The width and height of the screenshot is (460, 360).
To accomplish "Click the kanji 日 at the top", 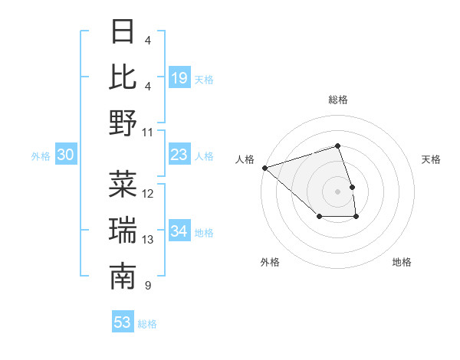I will [123, 32].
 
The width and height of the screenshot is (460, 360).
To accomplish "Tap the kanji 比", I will [123, 77].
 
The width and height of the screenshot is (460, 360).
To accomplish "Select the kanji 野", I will [123, 123].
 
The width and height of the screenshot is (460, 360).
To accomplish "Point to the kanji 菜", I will [123, 185].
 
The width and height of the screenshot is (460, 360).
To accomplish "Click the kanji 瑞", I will [123, 231].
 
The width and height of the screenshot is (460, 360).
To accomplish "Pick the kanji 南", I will [123, 277].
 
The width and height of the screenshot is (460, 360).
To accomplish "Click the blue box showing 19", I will [179, 77].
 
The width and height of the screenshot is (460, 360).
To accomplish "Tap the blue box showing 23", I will [179, 155].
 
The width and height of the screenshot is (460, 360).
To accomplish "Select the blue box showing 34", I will [179, 231].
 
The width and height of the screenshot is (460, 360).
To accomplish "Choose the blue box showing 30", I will [65, 155].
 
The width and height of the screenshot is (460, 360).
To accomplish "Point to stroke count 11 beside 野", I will [148, 132].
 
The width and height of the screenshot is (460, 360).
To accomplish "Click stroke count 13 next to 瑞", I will [148, 240].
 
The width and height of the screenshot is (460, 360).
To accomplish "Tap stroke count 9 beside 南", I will [147, 286].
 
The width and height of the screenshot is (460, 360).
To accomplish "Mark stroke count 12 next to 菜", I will [148, 194].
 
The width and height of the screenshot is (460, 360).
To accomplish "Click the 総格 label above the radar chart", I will [337, 100].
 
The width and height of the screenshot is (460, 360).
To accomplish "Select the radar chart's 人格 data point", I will [264, 167].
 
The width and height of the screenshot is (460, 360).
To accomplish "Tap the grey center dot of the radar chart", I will [337, 191].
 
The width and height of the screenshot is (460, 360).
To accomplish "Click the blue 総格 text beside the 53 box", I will [147, 324].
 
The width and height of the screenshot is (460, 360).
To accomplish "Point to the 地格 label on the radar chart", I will [402, 262].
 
